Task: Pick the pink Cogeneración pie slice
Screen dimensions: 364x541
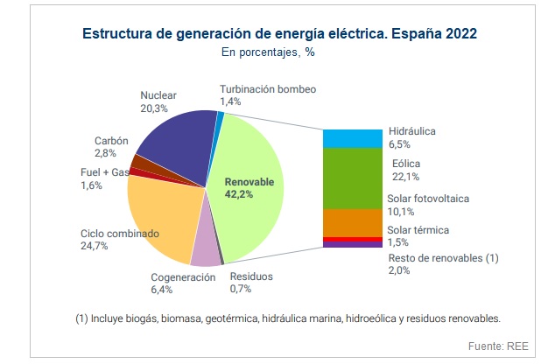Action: (205, 252)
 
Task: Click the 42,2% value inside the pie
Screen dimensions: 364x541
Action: (239, 195)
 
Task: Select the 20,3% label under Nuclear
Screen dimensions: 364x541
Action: (155, 108)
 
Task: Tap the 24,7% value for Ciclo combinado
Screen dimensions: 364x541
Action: (95, 247)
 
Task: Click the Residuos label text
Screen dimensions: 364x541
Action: (251, 276)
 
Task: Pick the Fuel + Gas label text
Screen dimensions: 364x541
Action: (104, 173)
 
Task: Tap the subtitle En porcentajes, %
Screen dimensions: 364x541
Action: (270, 52)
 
